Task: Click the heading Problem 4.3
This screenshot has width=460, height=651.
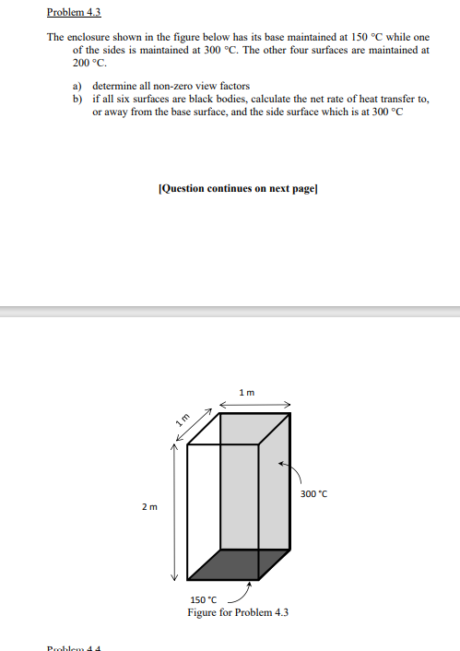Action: tap(73, 13)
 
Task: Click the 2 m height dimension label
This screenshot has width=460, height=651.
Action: tap(149, 507)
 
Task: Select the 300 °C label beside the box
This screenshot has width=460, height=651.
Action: tap(314, 494)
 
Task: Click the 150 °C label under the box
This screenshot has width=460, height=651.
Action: tap(202, 600)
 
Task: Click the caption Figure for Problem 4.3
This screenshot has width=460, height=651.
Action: tap(238, 612)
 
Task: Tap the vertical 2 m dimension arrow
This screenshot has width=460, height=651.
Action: tap(171, 511)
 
